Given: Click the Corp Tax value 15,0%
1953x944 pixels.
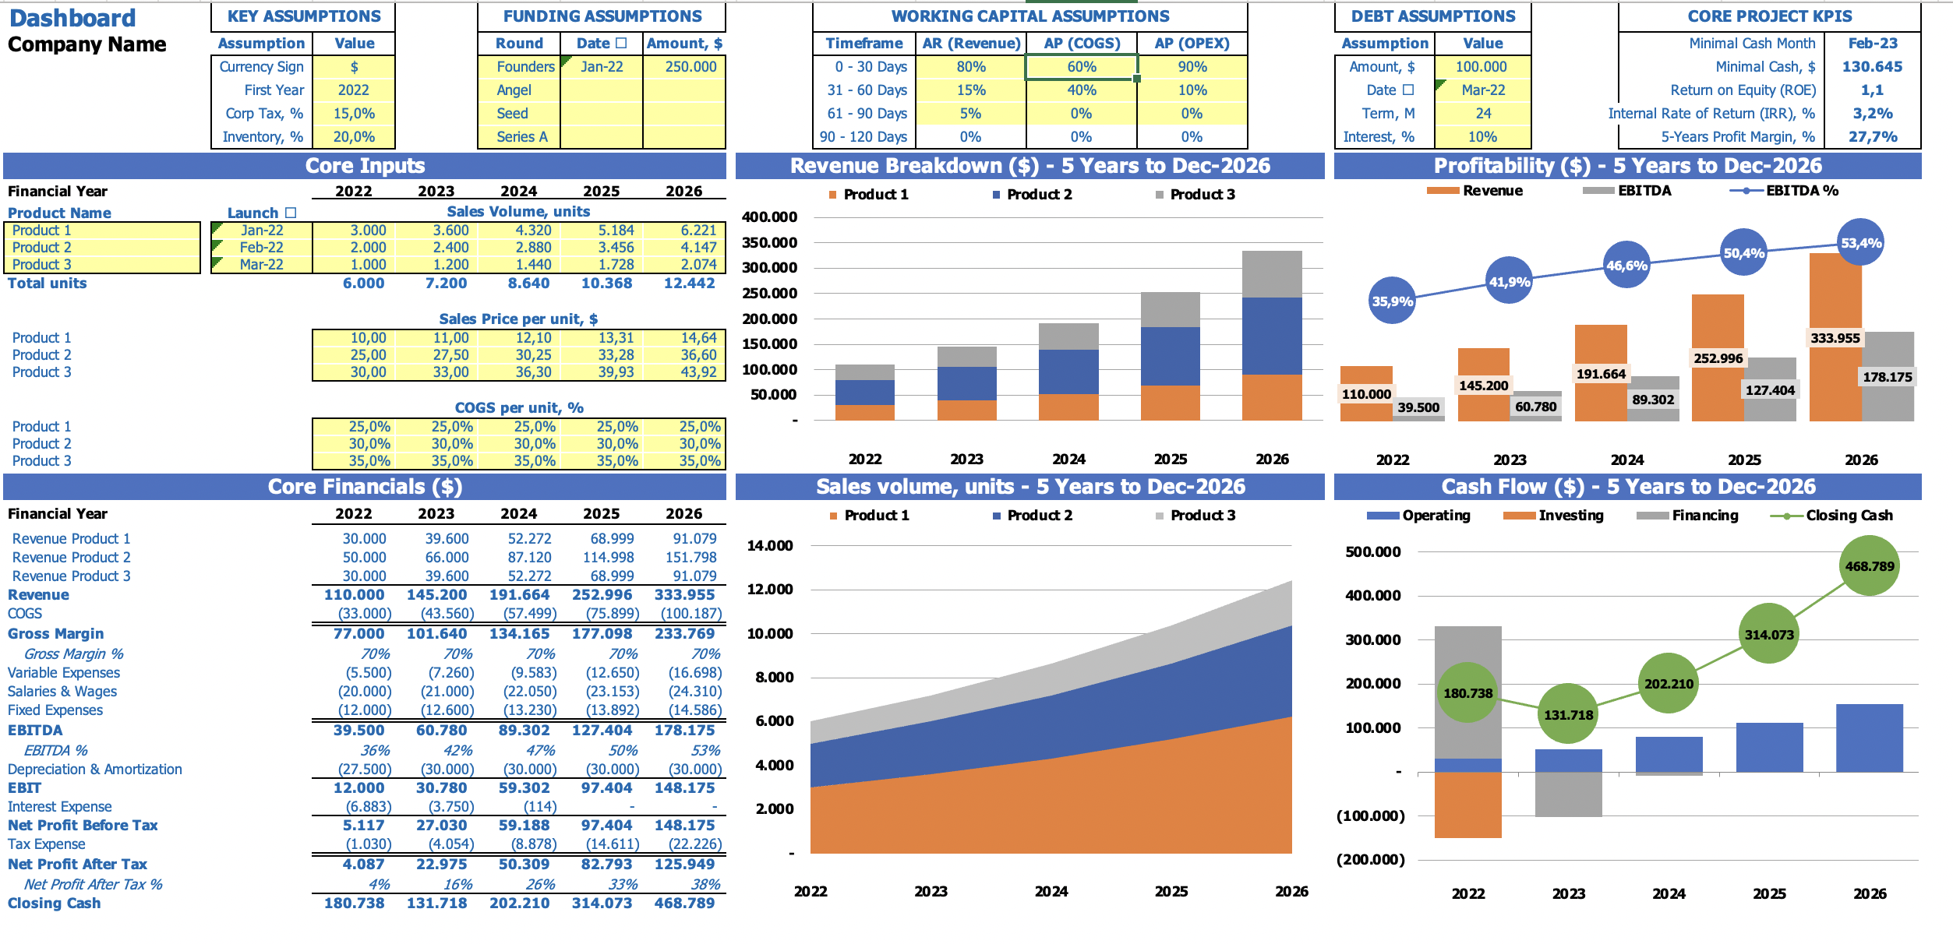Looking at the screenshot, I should coord(354,114).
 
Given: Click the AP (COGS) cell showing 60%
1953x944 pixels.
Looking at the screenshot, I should coord(1082,67).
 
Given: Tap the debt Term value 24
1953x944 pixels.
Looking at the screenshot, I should coord(1483,114).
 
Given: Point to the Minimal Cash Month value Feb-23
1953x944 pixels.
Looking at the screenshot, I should coord(1873,44).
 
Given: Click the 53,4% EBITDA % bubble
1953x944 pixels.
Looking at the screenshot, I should coord(1860,243).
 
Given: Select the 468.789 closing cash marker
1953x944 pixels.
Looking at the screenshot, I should coord(1870,566).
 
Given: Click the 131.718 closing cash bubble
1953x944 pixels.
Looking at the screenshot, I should coord(1568,714).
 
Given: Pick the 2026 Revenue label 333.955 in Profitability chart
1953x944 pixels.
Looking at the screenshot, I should coord(1835,338).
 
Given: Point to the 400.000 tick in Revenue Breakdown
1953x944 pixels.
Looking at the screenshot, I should coord(769,217).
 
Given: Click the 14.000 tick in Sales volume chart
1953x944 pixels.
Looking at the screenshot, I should coord(770,546).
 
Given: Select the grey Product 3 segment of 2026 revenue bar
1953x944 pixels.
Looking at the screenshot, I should coord(1272,274).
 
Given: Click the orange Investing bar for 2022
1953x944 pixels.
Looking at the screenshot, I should coord(1467,805).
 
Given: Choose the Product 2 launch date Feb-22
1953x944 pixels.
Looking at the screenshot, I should coord(262,248).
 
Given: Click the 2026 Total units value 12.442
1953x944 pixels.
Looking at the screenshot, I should coord(689,284).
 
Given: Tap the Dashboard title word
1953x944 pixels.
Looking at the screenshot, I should coord(72,18).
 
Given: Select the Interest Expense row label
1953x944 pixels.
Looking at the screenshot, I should coord(60,807).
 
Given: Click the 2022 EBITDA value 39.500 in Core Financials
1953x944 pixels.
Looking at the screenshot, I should coord(358,731).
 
